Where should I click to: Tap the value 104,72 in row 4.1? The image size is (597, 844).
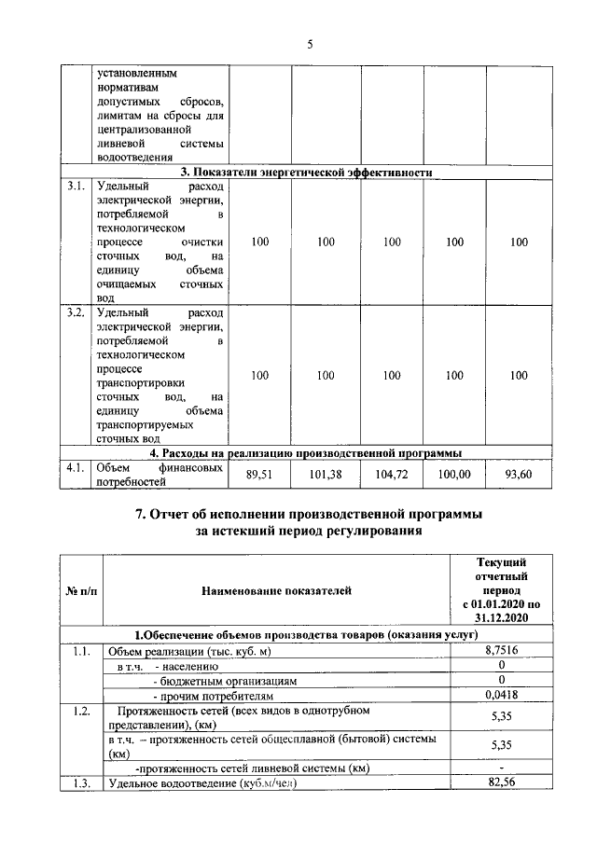(390, 475)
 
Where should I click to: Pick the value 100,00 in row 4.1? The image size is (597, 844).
(454, 475)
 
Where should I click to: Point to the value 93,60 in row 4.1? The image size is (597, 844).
(520, 475)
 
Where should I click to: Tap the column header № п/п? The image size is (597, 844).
(79, 590)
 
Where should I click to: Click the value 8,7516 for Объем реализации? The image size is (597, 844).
(502, 650)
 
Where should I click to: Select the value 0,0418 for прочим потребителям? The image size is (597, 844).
(502, 695)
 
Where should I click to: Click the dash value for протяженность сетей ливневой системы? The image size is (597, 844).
(502, 767)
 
